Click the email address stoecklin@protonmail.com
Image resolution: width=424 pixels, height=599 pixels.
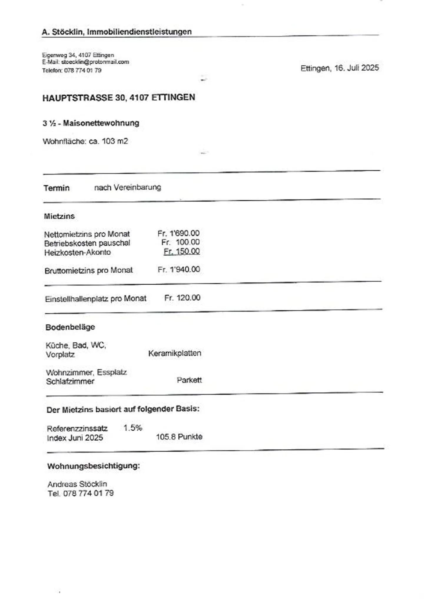click(95, 62)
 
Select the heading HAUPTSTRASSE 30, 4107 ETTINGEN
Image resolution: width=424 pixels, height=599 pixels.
click(119, 98)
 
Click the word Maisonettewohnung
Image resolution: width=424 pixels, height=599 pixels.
click(101, 123)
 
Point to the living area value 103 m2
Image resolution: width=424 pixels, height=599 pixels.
click(115, 141)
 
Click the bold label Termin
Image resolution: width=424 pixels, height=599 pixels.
click(57, 188)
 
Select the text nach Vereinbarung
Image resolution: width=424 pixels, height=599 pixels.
click(127, 188)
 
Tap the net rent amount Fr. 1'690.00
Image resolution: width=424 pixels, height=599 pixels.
click(178, 233)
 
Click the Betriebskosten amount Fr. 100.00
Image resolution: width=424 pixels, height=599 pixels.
click(180, 242)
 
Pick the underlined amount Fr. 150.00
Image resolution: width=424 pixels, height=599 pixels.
click(182, 251)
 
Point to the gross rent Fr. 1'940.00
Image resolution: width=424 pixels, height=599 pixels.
click(179, 270)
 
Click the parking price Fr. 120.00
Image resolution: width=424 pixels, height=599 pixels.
click(182, 298)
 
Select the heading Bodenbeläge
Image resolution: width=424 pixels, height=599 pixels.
click(70, 327)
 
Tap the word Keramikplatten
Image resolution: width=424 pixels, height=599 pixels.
click(175, 353)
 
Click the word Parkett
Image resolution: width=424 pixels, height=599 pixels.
click(189, 380)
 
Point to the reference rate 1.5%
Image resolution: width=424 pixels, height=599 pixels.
click(133, 428)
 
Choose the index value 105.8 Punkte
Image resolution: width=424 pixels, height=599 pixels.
click(179, 437)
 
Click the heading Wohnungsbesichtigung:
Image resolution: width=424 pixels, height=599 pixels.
click(93, 466)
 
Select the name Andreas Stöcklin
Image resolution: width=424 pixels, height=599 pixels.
click(77, 484)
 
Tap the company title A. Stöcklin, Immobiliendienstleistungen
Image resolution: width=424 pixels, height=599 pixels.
click(117, 32)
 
